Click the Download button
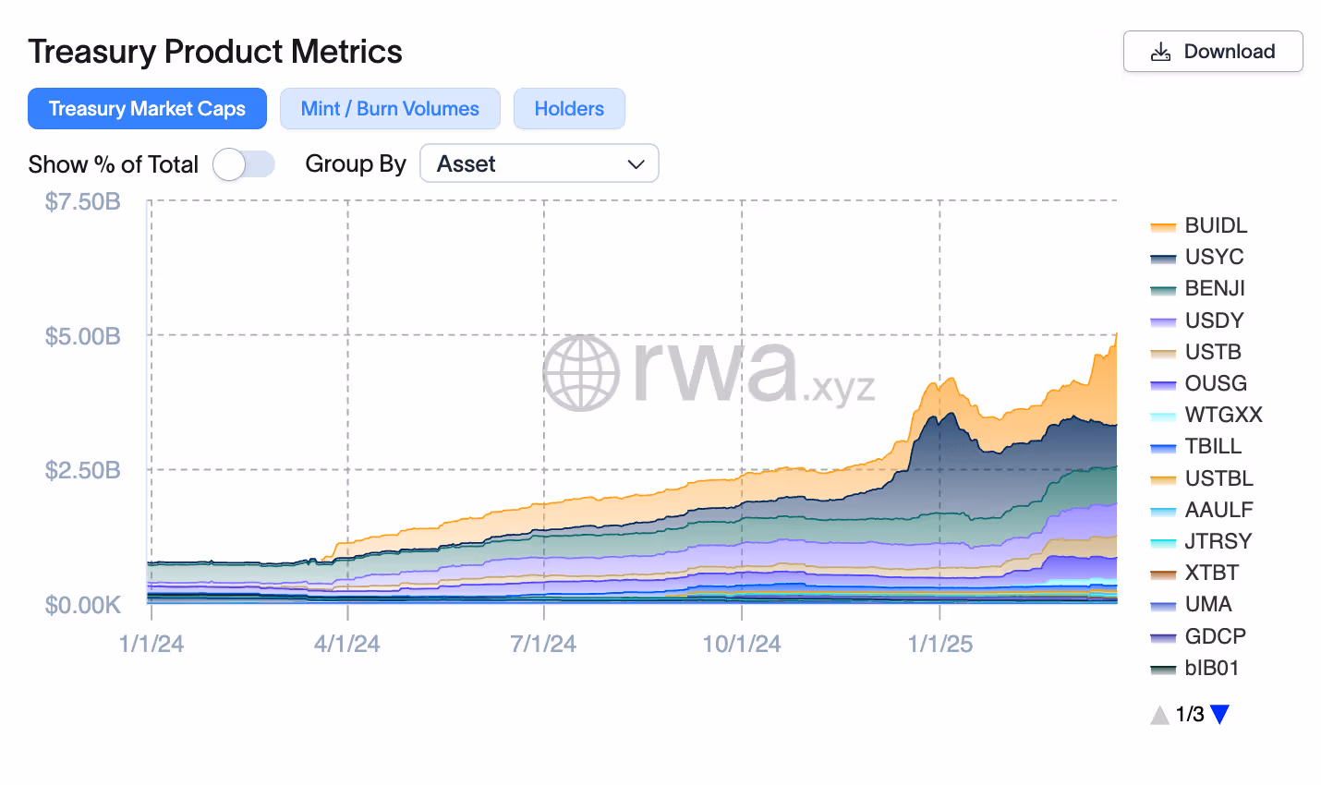pos(1212,52)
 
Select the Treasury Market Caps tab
pos(147,109)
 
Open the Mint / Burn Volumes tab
pos(390,109)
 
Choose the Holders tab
pos(569,109)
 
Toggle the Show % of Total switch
pos(244,164)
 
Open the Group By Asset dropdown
pos(539,163)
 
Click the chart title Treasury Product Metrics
pos(215,52)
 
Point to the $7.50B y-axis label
pos(82,201)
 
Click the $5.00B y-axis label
pos(82,336)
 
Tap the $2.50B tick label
pos(82,470)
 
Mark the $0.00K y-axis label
pos(82,605)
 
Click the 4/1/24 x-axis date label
pos(347,644)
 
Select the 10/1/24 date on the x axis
pos(741,644)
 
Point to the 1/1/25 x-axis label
pos(939,644)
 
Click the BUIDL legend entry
pos(1215,225)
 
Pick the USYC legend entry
pos(1213,257)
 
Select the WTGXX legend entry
pos(1222,415)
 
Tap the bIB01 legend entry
pos(1211,668)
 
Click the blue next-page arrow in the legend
pos(1219,714)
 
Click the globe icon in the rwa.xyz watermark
pos(581,373)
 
